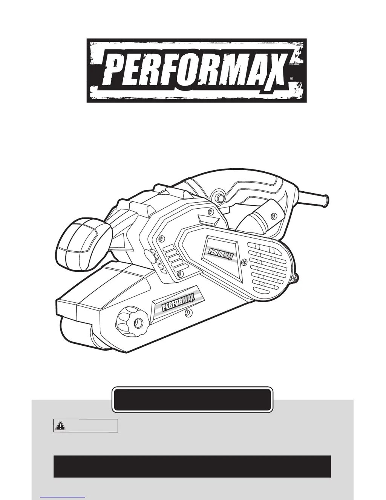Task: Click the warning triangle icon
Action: (x=60, y=426)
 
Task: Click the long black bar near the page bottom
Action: (x=192, y=466)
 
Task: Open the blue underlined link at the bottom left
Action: (x=62, y=498)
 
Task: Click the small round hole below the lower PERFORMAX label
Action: (x=188, y=312)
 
